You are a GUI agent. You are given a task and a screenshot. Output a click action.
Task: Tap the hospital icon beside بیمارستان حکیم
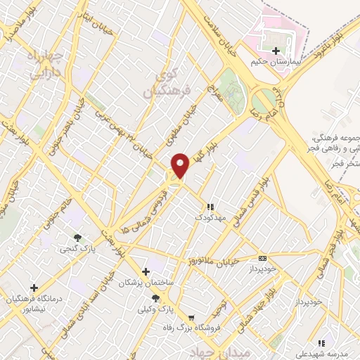(276, 51)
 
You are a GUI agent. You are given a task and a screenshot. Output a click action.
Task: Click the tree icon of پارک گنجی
(78, 238)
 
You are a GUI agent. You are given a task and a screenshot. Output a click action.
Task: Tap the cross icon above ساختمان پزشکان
(146, 271)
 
